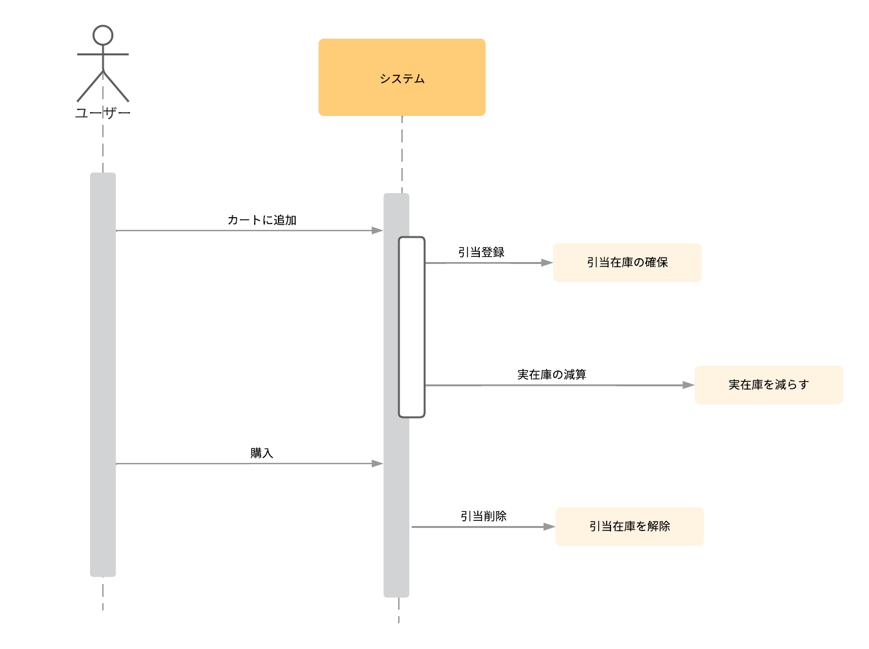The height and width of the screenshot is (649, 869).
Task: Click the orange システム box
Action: [401, 77]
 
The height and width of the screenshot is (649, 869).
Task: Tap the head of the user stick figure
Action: [103, 35]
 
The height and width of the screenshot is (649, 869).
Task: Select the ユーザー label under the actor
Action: [103, 113]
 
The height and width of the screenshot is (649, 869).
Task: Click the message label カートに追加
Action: [262, 220]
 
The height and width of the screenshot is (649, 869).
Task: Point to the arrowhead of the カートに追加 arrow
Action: [378, 230]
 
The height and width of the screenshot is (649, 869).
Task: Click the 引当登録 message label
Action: [481, 252]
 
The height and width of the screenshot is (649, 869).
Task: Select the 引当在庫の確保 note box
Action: [627, 263]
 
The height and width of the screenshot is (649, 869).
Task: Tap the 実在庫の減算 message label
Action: [551, 375]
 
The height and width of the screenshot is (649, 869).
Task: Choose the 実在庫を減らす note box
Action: [768, 385]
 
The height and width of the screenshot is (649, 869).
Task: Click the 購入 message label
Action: [262, 453]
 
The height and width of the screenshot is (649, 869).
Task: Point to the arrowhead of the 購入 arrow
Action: [378, 464]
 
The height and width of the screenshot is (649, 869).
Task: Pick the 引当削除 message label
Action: [483, 516]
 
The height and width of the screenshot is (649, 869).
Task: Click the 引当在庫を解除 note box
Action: [629, 527]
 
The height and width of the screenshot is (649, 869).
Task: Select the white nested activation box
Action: [412, 327]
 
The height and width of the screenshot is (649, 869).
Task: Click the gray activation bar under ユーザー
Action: [103, 373]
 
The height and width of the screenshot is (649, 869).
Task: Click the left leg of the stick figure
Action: [91, 86]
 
